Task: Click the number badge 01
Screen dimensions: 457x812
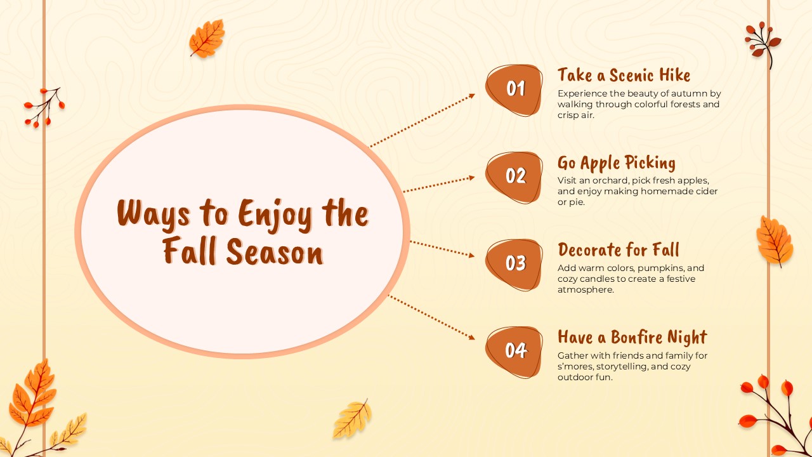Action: (x=514, y=89)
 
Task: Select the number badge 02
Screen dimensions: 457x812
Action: (x=514, y=176)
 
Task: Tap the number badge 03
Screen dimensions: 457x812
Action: (x=514, y=263)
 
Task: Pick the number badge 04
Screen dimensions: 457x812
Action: (x=514, y=350)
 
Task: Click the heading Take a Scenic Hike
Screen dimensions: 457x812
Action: (x=624, y=76)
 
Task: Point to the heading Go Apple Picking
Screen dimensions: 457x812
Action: (x=616, y=163)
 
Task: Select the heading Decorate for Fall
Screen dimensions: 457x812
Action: (x=618, y=250)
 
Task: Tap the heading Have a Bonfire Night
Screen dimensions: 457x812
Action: (x=632, y=337)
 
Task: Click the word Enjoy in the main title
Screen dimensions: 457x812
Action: (x=275, y=214)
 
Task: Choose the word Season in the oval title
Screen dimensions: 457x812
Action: (x=274, y=253)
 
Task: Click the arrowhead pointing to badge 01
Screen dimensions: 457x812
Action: (x=471, y=96)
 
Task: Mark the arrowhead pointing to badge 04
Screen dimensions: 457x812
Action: (x=471, y=338)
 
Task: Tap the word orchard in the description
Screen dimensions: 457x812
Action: (x=609, y=180)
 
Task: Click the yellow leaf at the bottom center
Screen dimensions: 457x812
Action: (x=352, y=419)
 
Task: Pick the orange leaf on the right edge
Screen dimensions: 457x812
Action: (x=775, y=241)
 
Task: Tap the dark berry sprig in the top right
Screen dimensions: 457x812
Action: (x=763, y=41)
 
